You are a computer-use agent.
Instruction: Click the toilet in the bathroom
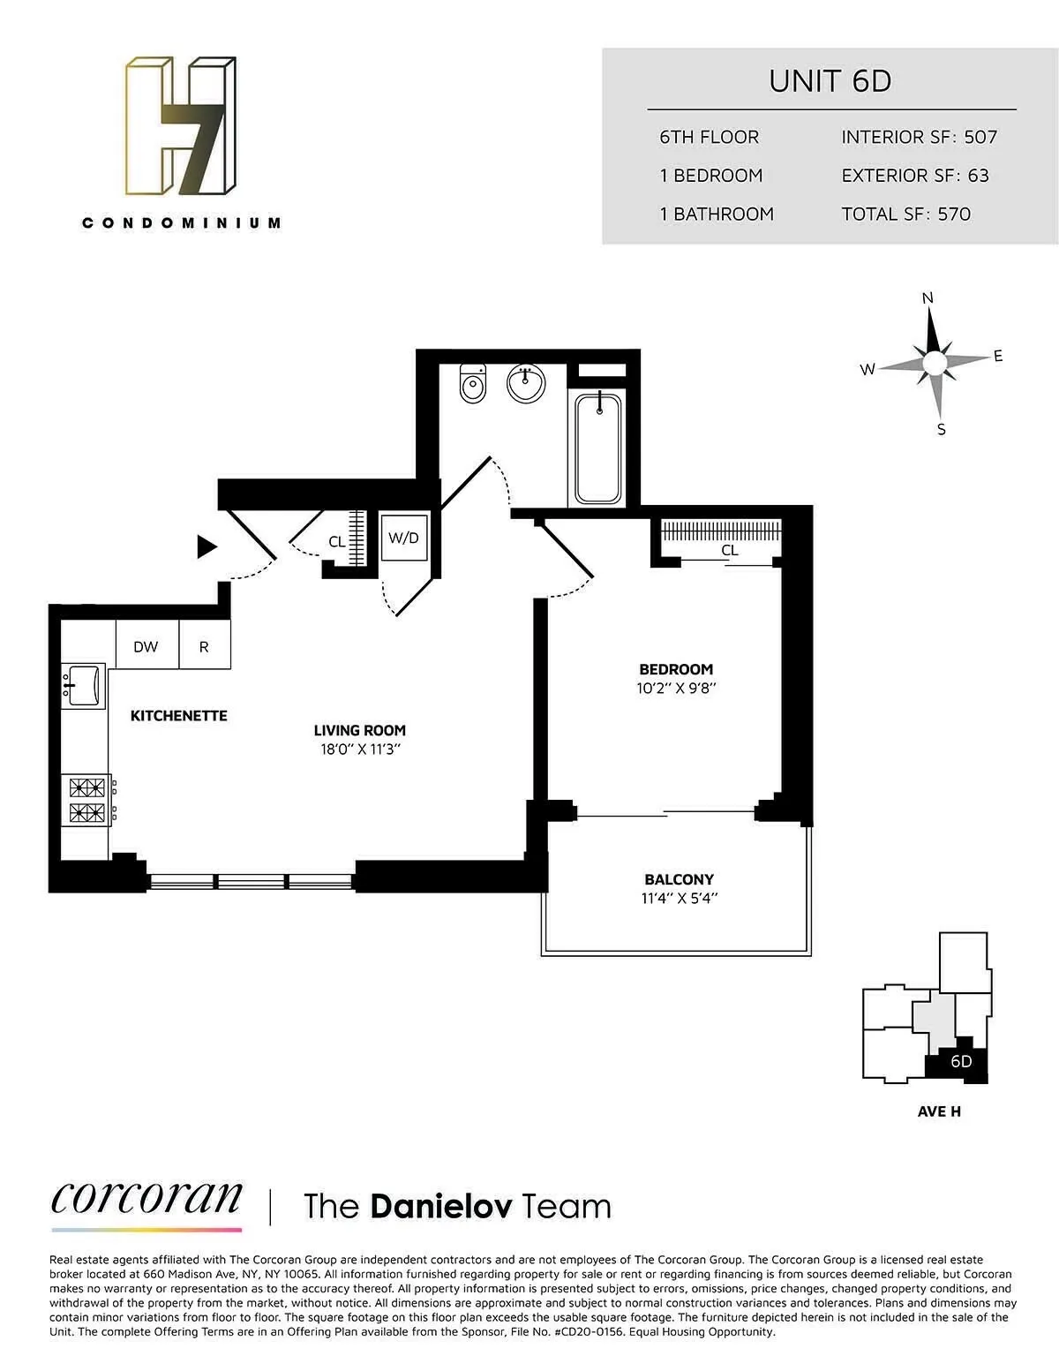point(473,384)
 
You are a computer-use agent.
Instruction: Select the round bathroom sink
point(526,383)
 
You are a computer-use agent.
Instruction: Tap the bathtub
point(598,448)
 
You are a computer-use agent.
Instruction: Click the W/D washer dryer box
point(404,538)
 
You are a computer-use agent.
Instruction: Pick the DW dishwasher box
point(146,646)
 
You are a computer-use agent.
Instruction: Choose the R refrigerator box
point(205,646)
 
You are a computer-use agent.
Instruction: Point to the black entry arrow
point(207,547)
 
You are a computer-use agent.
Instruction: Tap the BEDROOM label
point(676,669)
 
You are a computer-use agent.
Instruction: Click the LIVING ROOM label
point(360,730)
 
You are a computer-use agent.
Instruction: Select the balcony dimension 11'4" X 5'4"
point(679,899)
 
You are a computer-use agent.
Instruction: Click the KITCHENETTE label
point(179,716)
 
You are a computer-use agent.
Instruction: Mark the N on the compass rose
point(928,298)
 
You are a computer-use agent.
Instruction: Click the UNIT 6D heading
point(830,81)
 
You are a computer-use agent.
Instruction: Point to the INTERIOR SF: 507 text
point(919,137)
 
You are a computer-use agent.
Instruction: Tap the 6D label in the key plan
point(961,1061)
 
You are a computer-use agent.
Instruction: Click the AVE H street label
point(939,1111)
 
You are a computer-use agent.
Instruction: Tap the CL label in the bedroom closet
point(730,550)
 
